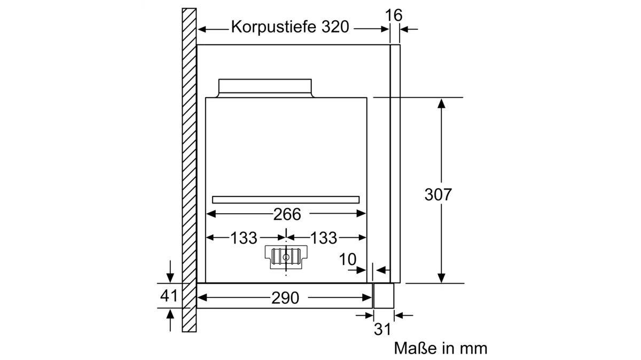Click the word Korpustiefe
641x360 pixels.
pyautogui.click(x=273, y=27)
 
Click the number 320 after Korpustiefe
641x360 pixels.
pyautogui.click(x=335, y=27)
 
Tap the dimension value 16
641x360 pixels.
pyautogui.click(x=394, y=15)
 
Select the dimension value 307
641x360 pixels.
pyautogui.click(x=438, y=194)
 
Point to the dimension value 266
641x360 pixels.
pyautogui.click(x=287, y=214)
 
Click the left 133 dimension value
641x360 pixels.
pyautogui.click(x=244, y=238)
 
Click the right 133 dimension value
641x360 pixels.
pyautogui.click(x=324, y=238)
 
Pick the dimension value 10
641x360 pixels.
pyautogui.click(x=347, y=260)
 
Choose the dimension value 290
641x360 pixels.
pyautogui.click(x=285, y=298)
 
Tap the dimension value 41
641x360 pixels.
pyautogui.click(x=169, y=295)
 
